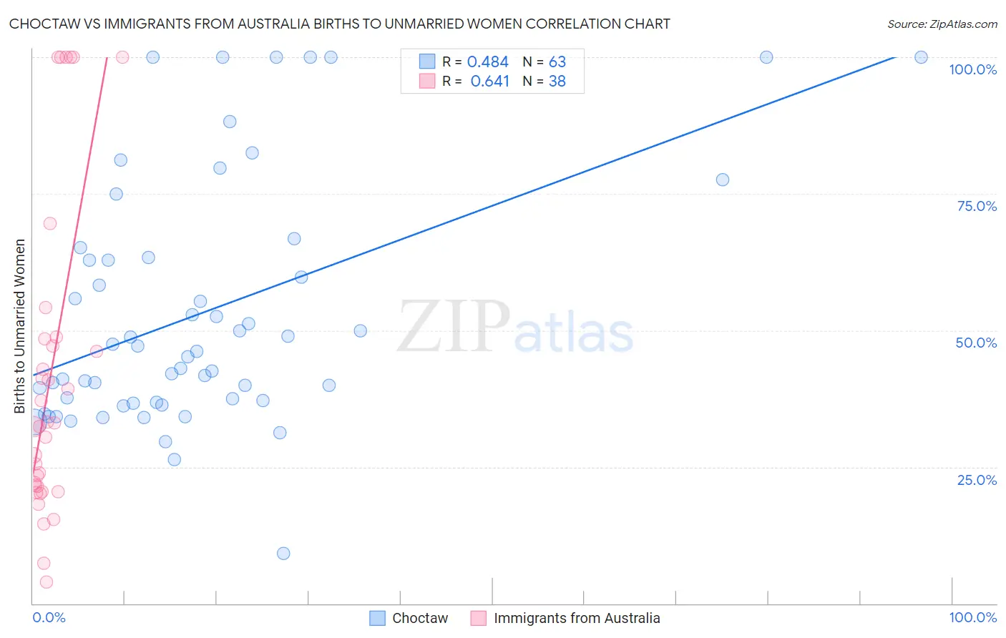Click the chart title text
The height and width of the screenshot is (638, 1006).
pos(339,24)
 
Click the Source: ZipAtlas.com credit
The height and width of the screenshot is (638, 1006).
pos(942,24)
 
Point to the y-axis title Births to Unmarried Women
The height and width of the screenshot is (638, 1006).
pos(19,326)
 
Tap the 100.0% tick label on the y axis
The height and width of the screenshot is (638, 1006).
pos(972,69)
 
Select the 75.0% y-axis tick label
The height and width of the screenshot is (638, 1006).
pos(977,206)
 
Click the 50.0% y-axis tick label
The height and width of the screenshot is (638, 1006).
pos(976,343)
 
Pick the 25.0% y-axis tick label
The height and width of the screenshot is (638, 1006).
pos(977,480)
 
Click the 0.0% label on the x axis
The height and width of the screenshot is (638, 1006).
pos(49,617)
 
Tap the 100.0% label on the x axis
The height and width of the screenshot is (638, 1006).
pos(972,617)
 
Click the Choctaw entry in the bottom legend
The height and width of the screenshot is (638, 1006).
pos(419,618)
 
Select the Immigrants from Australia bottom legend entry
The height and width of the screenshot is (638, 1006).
pos(576,618)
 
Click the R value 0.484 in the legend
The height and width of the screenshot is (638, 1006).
pos(487,62)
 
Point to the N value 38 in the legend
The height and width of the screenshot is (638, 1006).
pos(557,82)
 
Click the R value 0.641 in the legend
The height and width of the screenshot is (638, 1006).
pos(489,82)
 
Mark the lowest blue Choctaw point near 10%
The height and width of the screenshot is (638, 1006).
pos(283,553)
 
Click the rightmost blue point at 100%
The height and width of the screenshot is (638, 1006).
pos(921,57)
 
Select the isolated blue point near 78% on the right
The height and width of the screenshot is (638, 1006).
pos(723,180)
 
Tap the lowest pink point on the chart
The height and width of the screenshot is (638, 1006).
pos(47,582)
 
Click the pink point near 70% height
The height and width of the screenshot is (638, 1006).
pos(50,223)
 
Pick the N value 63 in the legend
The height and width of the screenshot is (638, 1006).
pos(557,62)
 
